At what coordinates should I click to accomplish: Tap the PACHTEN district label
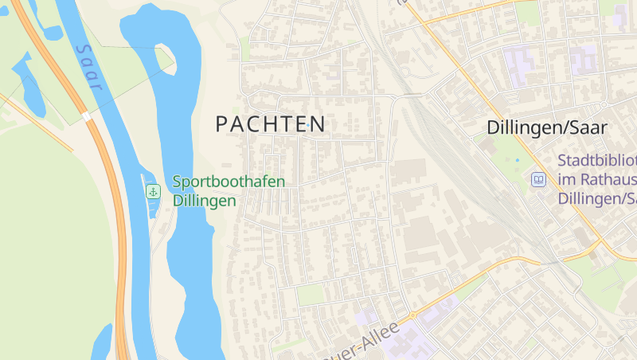point(271,124)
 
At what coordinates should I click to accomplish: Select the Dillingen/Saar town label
point(546,127)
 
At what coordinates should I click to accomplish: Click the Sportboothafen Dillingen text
point(228,191)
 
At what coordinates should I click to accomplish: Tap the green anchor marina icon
point(153,191)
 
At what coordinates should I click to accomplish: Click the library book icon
point(539,180)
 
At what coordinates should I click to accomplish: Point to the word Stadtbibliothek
point(597,161)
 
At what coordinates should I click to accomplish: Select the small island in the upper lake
point(164,58)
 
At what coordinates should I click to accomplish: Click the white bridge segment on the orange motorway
point(86,116)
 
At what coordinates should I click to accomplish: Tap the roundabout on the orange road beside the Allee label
point(412,315)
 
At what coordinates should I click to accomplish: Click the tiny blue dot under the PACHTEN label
point(307,125)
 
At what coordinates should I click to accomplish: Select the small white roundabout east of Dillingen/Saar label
point(604,105)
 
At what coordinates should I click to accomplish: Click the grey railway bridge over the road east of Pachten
point(412,96)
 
